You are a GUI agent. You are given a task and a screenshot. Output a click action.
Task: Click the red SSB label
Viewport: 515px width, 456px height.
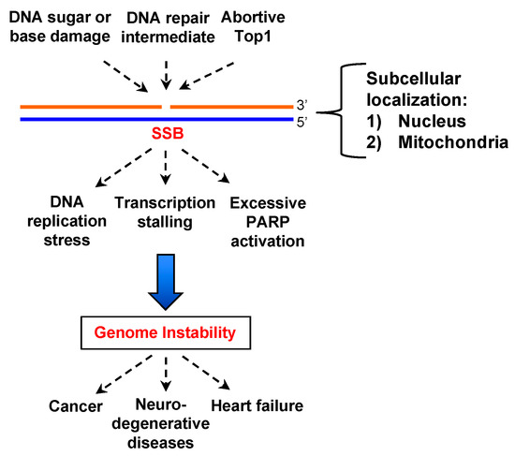(168, 133)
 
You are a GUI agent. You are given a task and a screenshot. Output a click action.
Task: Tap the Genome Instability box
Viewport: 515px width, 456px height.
(166, 332)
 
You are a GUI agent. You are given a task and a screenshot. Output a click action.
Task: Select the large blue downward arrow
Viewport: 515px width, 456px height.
(166, 282)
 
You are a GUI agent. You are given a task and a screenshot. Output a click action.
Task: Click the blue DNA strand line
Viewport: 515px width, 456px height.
(156, 119)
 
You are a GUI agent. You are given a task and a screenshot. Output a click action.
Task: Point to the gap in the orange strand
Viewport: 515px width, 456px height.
(166, 107)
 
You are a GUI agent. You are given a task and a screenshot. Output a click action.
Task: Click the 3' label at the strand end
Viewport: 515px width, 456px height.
(302, 105)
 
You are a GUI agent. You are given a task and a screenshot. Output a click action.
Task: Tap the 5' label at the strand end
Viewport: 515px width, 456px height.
(302, 123)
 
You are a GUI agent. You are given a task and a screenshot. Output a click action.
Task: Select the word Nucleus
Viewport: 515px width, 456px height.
(432, 121)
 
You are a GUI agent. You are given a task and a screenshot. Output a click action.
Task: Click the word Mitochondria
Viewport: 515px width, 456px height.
(453, 142)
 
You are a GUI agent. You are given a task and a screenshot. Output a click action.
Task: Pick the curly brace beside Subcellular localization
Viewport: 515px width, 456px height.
(342, 111)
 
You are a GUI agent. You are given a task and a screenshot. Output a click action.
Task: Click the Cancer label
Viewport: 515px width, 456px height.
(76, 406)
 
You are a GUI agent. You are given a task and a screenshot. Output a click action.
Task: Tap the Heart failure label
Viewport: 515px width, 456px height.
(257, 405)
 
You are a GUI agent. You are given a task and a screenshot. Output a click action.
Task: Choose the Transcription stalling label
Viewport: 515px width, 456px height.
(165, 213)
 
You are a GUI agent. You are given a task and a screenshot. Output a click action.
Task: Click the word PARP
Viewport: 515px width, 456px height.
(268, 222)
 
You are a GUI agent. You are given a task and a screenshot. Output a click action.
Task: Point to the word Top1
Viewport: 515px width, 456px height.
(253, 37)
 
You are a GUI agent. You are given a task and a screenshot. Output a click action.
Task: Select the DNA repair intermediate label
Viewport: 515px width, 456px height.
(168, 27)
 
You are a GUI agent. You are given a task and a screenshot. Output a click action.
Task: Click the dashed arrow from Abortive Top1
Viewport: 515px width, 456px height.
(207, 76)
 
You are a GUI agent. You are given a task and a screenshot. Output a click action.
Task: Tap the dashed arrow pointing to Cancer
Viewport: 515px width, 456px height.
(125, 375)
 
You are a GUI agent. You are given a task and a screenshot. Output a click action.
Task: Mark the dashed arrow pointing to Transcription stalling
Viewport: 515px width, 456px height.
(166, 168)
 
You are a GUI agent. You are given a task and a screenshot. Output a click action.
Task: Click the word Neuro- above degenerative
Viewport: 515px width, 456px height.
(161, 405)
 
